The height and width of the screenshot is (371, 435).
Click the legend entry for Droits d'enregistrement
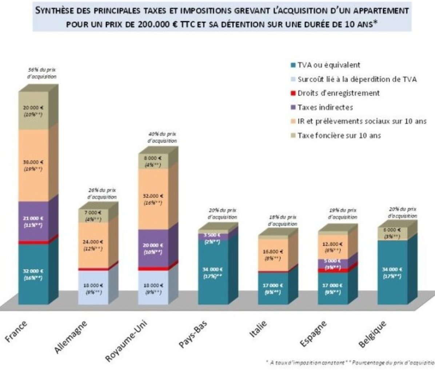(x=338, y=93)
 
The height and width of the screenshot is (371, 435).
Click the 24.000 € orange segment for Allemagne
(x=93, y=246)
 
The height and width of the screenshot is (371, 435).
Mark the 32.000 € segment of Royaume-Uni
(x=153, y=199)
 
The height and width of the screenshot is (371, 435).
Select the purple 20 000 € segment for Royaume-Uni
(x=153, y=249)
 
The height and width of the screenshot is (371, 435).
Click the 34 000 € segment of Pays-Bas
(x=213, y=272)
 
